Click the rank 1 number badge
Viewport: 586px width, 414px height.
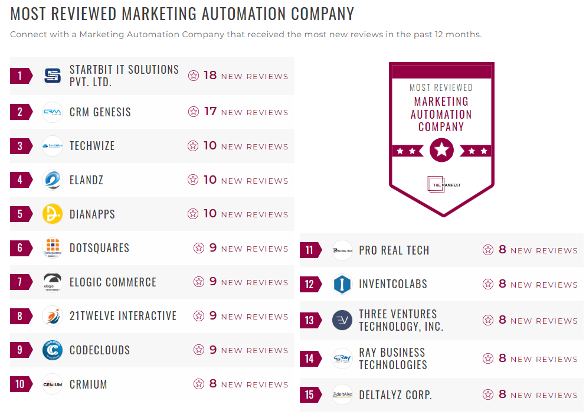(20, 76)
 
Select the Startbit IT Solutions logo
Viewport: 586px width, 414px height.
(53, 76)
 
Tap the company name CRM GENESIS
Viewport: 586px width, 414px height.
(100, 112)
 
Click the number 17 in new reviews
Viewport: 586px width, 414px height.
(210, 111)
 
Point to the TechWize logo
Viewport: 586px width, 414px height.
(53, 146)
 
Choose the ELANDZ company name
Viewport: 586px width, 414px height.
(86, 180)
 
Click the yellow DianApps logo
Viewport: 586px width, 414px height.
(53, 214)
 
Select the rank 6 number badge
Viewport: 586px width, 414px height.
(20, 248)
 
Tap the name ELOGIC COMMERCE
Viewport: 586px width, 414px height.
(113, 282)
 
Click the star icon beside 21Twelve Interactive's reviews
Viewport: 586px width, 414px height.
(199, 316)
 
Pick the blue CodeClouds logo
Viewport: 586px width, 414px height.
(53, 350)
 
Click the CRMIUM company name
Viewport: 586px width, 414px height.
(89, 384)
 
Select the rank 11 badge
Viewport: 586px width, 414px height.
(310, 250)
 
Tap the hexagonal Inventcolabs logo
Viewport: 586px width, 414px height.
(342, 284)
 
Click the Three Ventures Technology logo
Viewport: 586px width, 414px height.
(342, 320)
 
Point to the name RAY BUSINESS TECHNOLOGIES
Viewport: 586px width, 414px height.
(392, 358)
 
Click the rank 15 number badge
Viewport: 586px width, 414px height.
(310, 395)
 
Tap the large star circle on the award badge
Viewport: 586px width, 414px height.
(441, 151)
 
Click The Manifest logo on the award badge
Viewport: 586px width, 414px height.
(442, 184)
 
